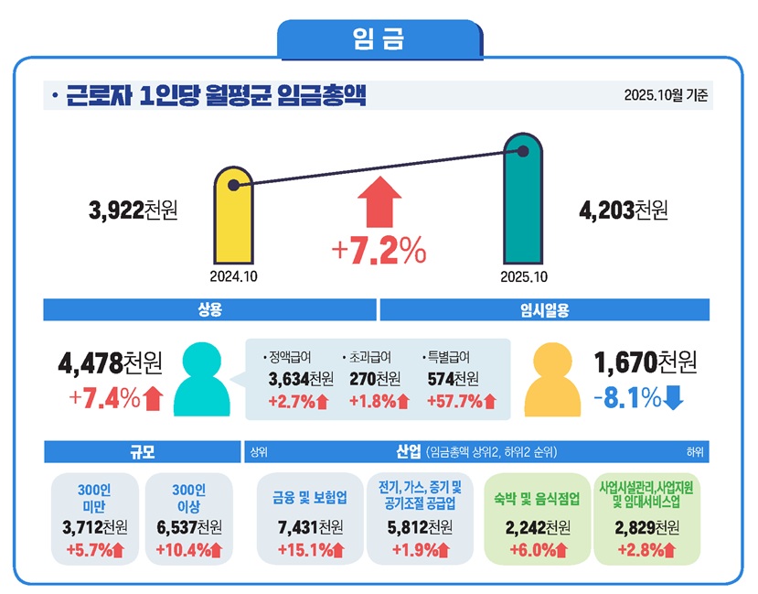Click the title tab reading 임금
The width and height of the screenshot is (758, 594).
tap(379, 39)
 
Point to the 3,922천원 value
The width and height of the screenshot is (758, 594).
tap(133, 211)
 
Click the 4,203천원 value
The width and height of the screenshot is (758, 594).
tap(624, 211)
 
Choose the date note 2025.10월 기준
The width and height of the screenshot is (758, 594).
tap(666, 95)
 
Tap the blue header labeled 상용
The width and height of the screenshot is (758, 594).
tap(209, 310)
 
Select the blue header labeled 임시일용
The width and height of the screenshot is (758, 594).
tap(545, 310)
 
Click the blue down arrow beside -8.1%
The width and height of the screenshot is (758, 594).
tap(673, 398)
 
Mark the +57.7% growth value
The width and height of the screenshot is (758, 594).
tap(461, 401)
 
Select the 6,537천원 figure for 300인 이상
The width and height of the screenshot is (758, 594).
tap(189, 527)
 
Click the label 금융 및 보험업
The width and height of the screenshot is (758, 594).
tap(310, 499)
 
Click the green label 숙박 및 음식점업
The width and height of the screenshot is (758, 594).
tap(539, 499)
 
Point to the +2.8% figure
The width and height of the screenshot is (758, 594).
tap(646, 550)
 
